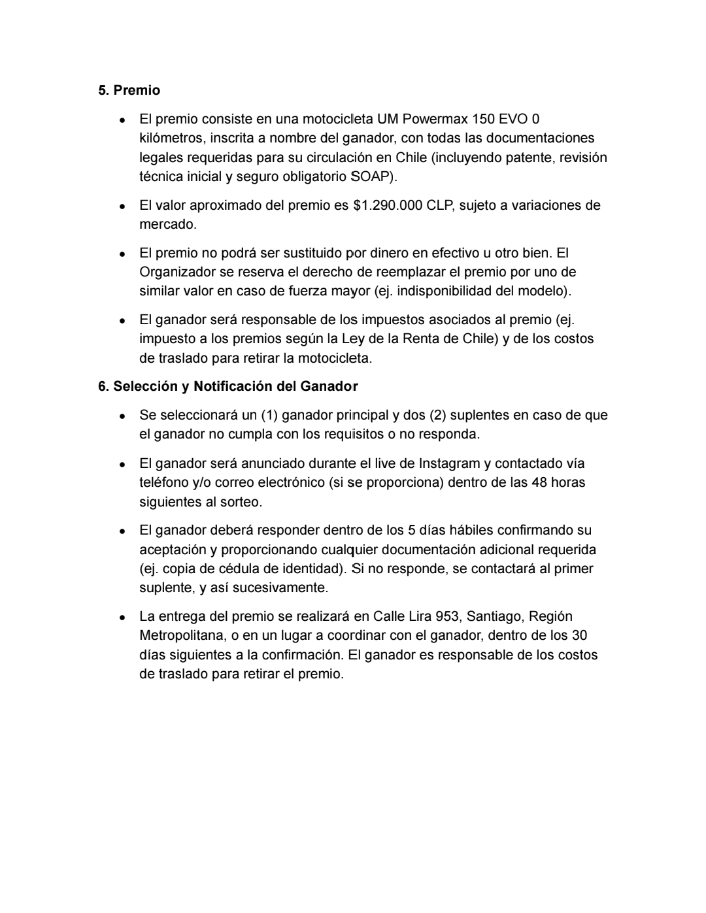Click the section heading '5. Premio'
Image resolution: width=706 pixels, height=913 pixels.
pyautogui.click(x=129, y=90)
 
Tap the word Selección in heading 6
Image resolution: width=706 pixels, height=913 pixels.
pyautogui.click(x=146, y=386)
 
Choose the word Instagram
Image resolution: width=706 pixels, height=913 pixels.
pyautogui.click(x=449, y=463)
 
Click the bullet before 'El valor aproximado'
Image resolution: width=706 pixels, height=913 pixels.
pyautogui.click(x=123, y=206)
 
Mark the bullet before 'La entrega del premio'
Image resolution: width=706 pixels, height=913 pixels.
pyautogui.click(x=123, y=617)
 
